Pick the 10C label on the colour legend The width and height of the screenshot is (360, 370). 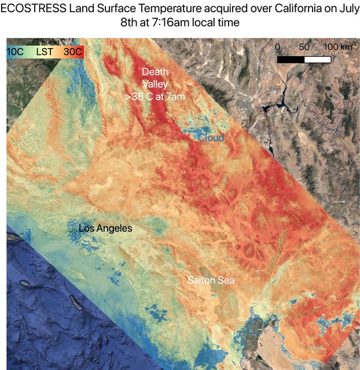[16, 52]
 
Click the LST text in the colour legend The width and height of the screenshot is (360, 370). [45, 52]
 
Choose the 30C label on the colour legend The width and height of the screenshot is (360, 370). [73, 52]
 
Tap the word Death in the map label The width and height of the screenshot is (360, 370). [155, 72]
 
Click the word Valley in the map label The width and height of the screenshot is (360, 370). [155, 84]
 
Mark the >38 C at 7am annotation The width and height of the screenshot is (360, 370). [155, 97]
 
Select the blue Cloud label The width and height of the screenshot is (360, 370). [211, 138]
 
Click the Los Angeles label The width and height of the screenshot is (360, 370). [105, 228]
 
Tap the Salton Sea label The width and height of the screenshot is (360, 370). [211, 280]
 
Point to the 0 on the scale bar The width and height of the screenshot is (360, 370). [278, 47]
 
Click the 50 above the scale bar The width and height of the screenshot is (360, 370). [304, 47]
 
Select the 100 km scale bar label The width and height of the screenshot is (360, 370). [337, 47]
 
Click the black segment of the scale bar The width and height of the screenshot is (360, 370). [291, 59]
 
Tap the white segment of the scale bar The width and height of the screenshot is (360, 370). [318, 59]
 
